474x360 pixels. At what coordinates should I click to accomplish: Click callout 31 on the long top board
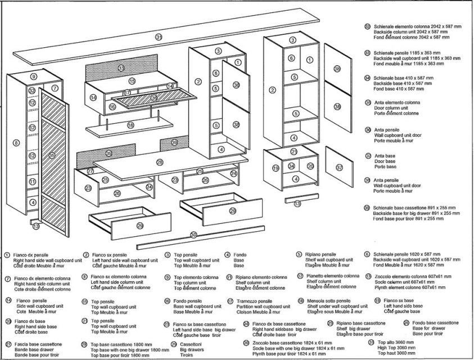tap(159, 37)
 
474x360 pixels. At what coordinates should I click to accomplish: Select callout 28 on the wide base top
tap(160, 162)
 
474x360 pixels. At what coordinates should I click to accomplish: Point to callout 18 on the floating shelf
tap(130, 125)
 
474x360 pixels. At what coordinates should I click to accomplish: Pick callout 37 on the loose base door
tap(338, 168)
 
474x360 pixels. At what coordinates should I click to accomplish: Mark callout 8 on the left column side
tap(16, 143)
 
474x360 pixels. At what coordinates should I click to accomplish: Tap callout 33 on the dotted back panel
tap(121, 68)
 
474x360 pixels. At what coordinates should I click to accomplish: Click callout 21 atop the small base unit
tap(294, 151)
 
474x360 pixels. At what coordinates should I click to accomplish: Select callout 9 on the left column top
tap(34, 76)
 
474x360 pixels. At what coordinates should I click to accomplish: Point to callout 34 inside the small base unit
tap(291, 166)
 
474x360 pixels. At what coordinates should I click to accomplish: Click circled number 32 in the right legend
tap(367, 26)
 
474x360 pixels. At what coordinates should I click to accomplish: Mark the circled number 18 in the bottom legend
tap(299, 301)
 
